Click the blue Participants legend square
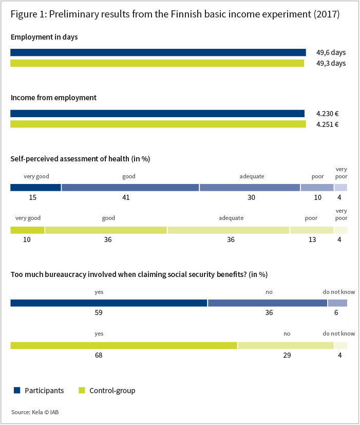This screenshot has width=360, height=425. (x=17, y=390)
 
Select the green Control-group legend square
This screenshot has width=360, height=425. (x=82, y=390)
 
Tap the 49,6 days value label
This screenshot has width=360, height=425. (x=331, y=52)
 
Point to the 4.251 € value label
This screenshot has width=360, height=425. (x=327, y=124)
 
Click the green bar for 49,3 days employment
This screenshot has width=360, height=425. (x=157, y=63)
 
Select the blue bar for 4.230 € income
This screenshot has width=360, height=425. (x=157, y=113)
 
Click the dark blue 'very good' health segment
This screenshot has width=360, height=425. (x=35, y=187)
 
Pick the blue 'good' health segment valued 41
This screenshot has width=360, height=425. (x=130, y=187)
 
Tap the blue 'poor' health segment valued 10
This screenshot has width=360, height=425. (x=317, y=187)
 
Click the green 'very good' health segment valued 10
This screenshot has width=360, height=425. (x=27, y=230)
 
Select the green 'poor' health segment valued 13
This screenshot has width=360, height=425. (x=312, y=230)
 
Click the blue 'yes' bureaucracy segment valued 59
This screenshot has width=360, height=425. (x=109, y=303)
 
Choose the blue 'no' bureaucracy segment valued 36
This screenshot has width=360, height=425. (x=268, y=303)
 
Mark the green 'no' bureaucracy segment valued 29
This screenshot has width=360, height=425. (x=286, y=345)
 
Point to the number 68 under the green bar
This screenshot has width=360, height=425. (x=99, y=355)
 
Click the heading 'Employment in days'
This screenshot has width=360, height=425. (x=44, y=37)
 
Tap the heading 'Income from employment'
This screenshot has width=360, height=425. (x=53, y=98)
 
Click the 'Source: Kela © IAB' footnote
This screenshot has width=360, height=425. (x=35, y=412)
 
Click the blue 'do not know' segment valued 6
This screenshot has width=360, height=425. (x=337, y=303)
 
